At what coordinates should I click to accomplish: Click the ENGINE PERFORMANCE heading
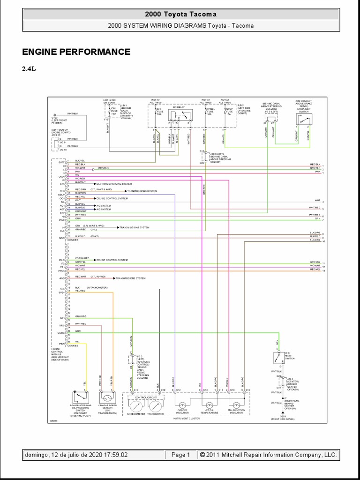point(76,52)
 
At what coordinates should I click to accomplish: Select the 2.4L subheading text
point(29,68)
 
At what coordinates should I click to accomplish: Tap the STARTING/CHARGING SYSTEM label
point(114,184)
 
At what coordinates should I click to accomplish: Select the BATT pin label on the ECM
point(61,161)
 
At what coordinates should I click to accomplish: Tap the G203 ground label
point(283,416)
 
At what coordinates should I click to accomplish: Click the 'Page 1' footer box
point(180,455)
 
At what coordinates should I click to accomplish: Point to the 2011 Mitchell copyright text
point(268,455)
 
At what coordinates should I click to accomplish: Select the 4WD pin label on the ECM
point(61,278)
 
